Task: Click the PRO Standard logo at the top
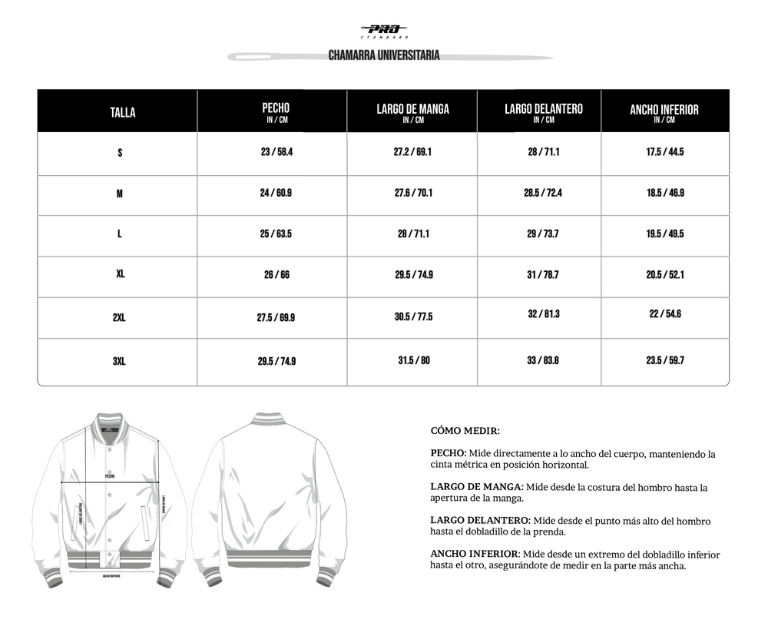(x=383, y=30)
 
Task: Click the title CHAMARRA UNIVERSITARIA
(x=384, y=56)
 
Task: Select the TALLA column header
(x=122, y=112)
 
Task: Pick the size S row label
(x=120, y=153)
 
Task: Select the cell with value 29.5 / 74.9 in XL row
(x=413, y=274)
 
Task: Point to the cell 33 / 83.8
(x=543, y=360)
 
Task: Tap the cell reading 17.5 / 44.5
(x=665, y=152)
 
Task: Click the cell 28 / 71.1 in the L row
(x=413, y=234)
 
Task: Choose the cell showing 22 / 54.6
(x=665, y=313)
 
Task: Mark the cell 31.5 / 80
(x=413, y=360)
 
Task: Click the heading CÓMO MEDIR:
(x=465, y=432)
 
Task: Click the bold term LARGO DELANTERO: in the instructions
(x=480, y=521)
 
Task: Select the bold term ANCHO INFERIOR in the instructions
(x=475, y=555)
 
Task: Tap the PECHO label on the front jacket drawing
(x=110, y=476)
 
